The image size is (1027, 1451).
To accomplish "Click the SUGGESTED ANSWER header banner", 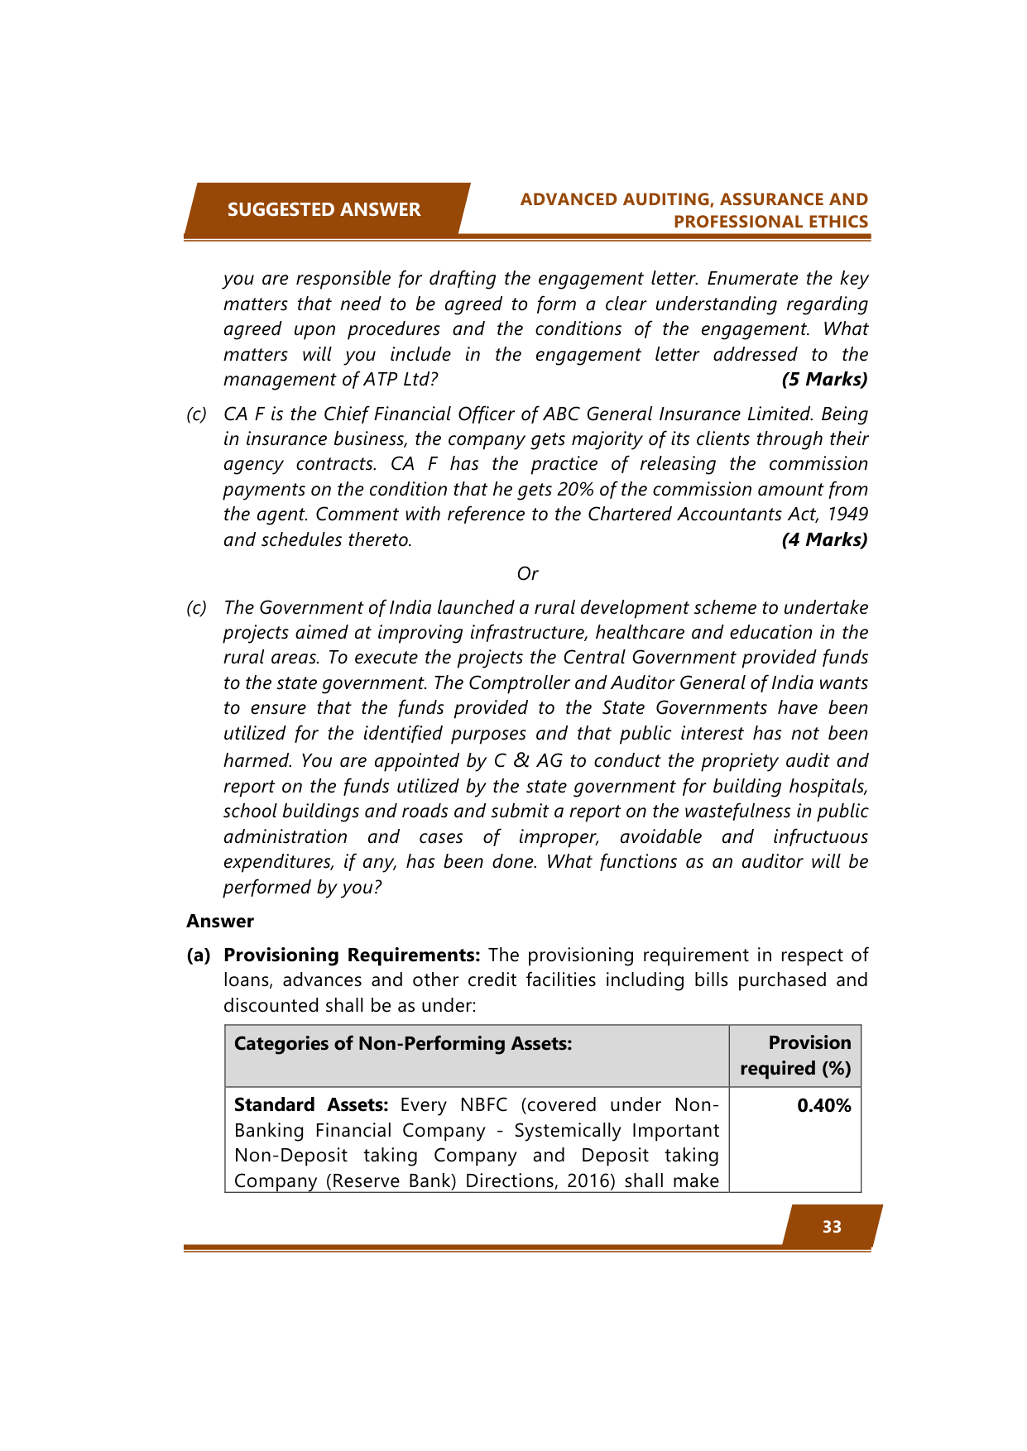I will [324, 210].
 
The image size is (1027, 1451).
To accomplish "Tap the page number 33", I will [832, 1227].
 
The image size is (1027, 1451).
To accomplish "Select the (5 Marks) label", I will [824, 380].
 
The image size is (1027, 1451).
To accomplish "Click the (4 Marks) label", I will [824, 540].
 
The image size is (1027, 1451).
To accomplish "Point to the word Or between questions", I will [527, 574].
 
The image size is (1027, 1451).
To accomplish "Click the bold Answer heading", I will [220, 922].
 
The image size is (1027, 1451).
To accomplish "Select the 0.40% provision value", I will [823, 1106].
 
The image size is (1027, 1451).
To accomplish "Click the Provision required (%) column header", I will [795, 1056].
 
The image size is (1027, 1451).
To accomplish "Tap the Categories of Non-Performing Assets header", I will [403, 1043].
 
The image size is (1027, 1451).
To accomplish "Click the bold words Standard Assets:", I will [311, 1105].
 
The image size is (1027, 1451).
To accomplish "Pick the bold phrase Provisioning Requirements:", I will [352, 955].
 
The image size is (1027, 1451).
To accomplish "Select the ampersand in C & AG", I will [521, 760].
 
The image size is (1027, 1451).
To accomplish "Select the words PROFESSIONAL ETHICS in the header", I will [770, 222].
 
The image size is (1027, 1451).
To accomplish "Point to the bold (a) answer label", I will [199, 955].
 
